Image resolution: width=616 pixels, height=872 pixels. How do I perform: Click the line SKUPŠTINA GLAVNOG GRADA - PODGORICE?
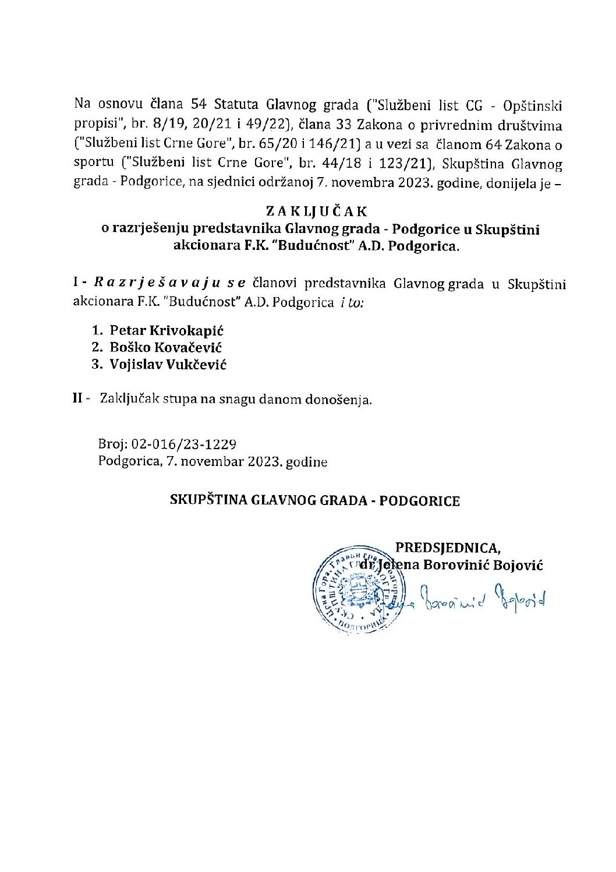point(314,501)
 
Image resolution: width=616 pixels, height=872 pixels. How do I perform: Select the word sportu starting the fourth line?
point(91,164)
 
